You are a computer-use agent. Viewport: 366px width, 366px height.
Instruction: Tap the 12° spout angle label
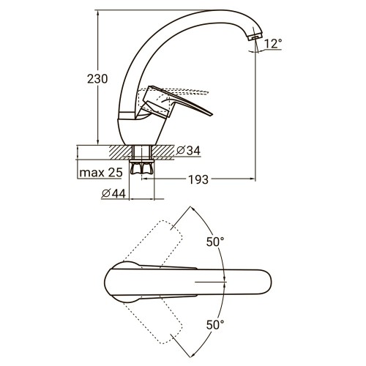[x=272, y=45]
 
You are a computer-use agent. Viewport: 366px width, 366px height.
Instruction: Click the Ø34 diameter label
[x=190, y=152]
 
